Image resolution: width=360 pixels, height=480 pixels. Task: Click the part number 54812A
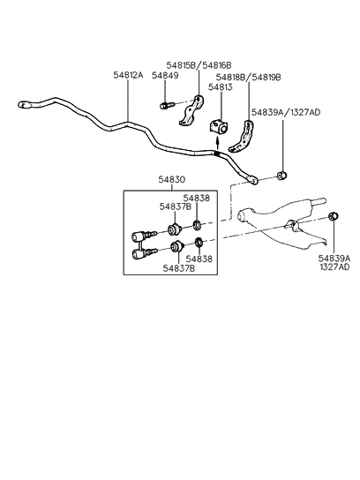(x=127, y=76)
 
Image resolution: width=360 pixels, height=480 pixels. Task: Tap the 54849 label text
(x=164, y=76)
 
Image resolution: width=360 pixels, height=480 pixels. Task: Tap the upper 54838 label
(x=197, y=199)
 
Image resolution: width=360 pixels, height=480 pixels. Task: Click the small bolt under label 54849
(x=165, y=107)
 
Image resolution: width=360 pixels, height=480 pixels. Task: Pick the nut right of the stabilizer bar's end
(x=281, y=176)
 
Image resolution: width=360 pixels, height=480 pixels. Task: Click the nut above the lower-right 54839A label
(x=334, y=217)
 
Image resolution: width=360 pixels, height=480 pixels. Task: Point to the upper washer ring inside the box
(x=199, y=221)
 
